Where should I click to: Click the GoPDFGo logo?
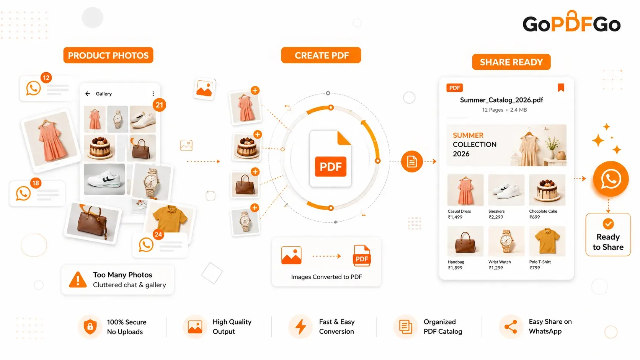571,22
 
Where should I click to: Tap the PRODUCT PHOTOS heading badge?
108,55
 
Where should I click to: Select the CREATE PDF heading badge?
321,55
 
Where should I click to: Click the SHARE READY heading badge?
511,62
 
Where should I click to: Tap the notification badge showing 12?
46,78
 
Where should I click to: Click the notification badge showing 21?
159,105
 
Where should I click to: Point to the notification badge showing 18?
36,183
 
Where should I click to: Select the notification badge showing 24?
158,235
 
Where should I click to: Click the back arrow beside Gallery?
88,94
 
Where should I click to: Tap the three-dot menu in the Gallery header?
153,94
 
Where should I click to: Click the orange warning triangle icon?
78,280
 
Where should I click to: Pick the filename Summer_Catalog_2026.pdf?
501,100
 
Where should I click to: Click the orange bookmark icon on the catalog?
561,88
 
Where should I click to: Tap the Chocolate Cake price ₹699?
535,217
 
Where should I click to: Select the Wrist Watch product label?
500,262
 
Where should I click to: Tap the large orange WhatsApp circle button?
611,179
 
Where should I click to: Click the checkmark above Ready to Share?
608,224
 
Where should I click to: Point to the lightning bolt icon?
300,327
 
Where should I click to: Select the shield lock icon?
90,327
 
